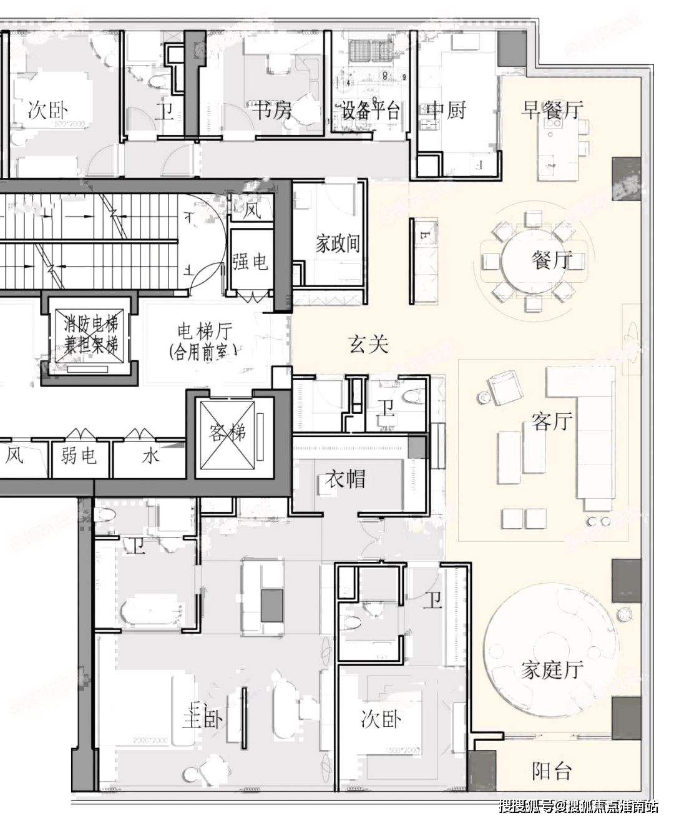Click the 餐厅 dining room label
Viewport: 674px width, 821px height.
pos(552,260)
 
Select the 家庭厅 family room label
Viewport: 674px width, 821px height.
pos(552,669)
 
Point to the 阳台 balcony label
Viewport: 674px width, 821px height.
pos(552,772)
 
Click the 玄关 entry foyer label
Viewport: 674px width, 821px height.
pos(368,344)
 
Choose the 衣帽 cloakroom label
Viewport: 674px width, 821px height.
pos(345,479)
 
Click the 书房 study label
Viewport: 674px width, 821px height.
pos(272,111)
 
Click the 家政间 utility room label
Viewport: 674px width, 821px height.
pos(338,243)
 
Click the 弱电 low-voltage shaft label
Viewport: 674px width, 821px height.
pos(79,456)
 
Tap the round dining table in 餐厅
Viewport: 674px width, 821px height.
pos(535,261)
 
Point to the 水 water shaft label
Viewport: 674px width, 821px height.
pos(150,456)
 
